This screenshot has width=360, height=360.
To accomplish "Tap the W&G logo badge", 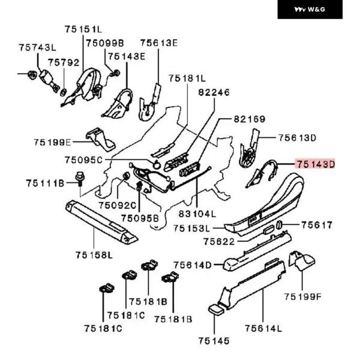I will click(x=310, y=10).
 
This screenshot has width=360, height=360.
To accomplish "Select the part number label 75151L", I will click(x=84, y=29).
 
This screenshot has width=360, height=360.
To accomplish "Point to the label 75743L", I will click(x=37, y=47).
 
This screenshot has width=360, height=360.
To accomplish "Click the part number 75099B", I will click(x=104, y=43).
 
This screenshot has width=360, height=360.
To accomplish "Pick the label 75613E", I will click(x=159, y=43).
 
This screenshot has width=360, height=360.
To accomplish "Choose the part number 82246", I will click(x=214, y=92).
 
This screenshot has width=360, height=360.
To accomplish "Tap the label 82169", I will click(x=250, y=119).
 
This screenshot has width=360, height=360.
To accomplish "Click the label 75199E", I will click(x=52, y=142).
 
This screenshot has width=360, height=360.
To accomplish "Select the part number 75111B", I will click(x=44, y=182).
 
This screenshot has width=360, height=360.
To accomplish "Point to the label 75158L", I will click(x=94, y=255).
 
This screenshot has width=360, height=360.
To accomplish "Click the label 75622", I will click(x=220, y=241).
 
